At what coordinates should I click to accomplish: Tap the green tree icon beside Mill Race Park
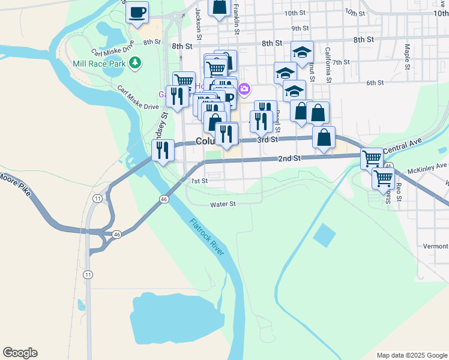(136, 62)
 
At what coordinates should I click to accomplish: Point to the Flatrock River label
(208, 237)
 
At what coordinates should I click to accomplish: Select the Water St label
(223, 204)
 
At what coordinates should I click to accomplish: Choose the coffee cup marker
(137, 12)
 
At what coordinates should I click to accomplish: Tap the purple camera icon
(244, 90)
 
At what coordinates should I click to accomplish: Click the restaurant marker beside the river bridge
(163, 150)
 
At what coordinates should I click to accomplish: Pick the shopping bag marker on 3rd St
(324, 137)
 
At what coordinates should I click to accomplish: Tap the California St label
(328, 65)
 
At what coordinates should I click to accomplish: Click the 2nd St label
(289, 158)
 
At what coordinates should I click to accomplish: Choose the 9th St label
(300, 28)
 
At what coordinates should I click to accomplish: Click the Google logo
(20, 353)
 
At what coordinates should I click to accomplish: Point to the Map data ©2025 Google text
(411, 355)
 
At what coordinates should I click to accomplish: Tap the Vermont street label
(435, 246)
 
